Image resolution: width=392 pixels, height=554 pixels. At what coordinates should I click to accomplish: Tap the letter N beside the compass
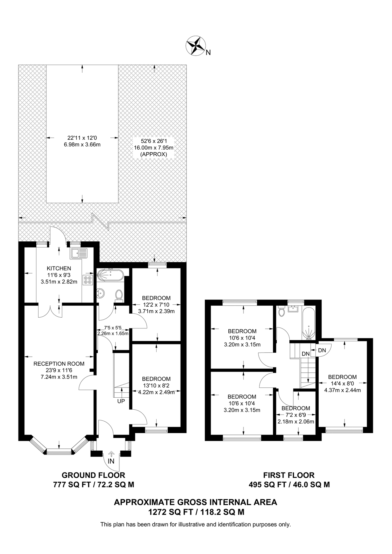(x=208, y=53)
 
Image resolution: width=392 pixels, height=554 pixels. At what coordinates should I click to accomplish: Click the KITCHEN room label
(x=59, y=268)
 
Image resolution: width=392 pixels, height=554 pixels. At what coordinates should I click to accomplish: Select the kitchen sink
(x=79, y=253)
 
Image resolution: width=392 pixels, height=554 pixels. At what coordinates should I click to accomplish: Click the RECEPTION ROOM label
(x=55, y=363)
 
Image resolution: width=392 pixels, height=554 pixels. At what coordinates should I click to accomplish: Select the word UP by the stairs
(x=121, y=401)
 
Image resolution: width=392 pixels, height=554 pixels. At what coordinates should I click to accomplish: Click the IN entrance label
(x=111, y=461)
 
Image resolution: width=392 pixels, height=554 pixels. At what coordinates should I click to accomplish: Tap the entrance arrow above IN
(x=111, y=454)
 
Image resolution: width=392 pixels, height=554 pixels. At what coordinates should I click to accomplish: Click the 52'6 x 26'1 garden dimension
(x=153, y=141)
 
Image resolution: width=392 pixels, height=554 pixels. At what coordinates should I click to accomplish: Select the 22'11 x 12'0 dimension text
(x=82, y=138)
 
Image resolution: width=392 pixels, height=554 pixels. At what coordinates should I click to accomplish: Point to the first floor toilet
(x=281, y=312)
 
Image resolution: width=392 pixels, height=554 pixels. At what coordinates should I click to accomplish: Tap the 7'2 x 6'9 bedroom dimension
(x=296, y=415)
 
